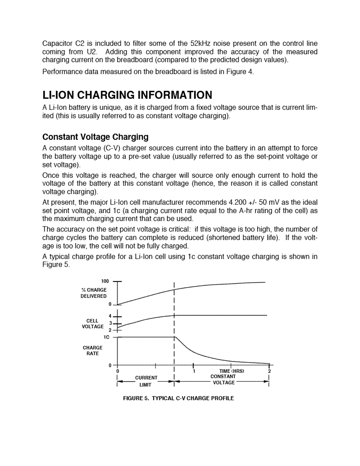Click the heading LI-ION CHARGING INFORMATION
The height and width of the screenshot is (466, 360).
click(x=127, y=95)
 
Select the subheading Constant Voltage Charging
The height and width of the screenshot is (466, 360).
click(x=95, y=137)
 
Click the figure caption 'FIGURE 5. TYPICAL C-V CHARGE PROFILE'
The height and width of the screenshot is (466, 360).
click(x=178, y=398)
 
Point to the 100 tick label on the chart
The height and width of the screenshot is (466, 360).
click(x=105, y=281)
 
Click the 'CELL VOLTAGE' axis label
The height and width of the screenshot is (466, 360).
click(x=93, y=324)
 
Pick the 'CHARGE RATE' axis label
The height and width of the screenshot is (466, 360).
click(x=93, y=351)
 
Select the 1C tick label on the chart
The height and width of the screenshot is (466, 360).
click(x=106, y=337)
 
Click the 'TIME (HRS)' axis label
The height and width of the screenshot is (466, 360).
click(x=232, y=371)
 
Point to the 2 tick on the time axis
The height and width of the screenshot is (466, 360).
click(x=269, y=371)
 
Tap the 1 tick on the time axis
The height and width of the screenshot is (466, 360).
click(x=195, y=371)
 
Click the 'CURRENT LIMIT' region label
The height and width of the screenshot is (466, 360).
click(x=146, y=381)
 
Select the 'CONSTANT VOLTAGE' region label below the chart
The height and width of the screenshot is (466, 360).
click(x=223, y=380)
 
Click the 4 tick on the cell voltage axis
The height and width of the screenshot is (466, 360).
click(x=110, y=316)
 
